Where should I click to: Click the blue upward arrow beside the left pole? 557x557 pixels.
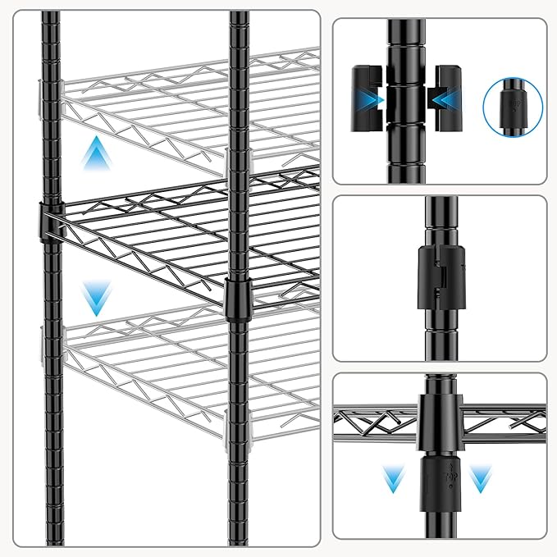(98, 154)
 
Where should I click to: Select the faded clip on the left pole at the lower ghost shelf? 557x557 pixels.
(42, 339)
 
